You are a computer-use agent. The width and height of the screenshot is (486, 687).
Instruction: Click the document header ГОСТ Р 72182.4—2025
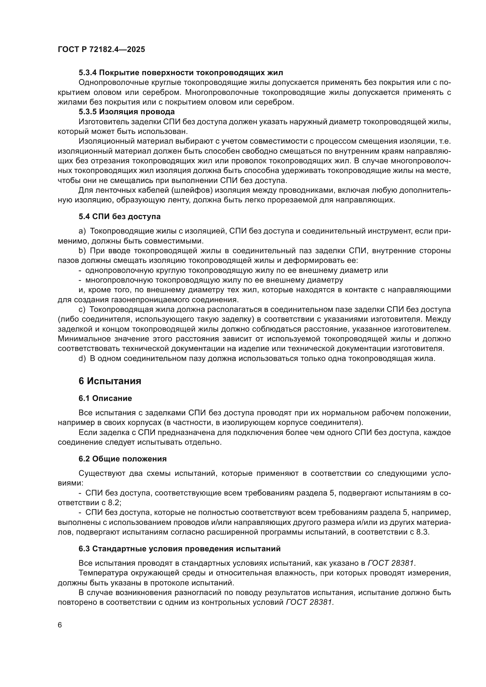101,50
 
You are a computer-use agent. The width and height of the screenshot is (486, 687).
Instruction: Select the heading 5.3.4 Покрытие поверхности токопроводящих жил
180,73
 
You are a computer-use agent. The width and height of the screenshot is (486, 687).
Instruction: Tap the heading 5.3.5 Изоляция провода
127,112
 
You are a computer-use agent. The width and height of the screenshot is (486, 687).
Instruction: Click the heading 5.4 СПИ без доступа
119,216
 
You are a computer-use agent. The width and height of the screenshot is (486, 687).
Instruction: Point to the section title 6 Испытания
110,381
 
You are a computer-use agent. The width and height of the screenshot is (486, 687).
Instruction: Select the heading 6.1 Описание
105,398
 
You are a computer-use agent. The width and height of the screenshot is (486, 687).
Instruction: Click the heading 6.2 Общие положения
123,459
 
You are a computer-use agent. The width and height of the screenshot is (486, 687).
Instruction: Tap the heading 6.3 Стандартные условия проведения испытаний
180,549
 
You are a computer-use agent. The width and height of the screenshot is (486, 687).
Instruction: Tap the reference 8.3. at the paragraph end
423,532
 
